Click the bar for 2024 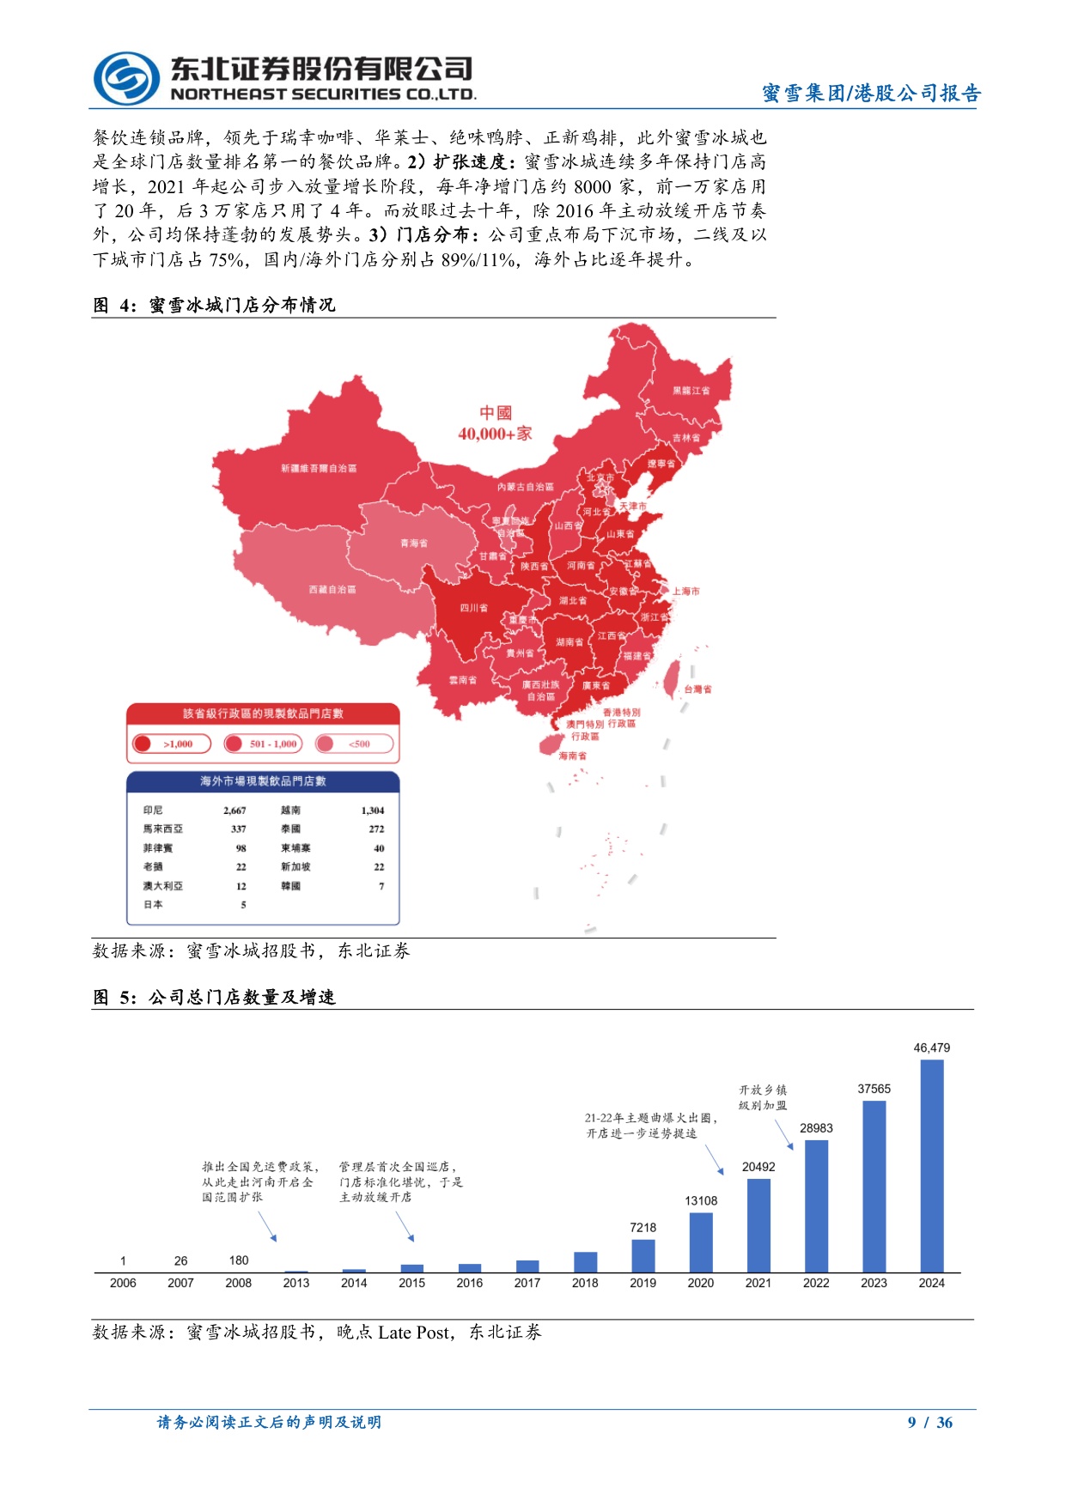click(931, 1165)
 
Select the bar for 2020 click(701, 1242)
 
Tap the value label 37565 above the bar click(874, 1089)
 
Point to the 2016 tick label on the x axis click(469, 1283)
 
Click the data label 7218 click(643, 1227)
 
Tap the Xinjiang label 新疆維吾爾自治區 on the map click(319, 469)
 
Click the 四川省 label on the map click(473, 608)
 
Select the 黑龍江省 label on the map click(691, 391)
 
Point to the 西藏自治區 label click(332, 590)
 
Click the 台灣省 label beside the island click(697, 689)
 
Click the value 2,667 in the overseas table click(235, 811)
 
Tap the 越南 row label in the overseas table click(290, 811)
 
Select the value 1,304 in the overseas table click(373, 811)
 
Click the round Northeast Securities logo click(126, 78)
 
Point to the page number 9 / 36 click(930, 1423)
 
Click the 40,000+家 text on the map click(495, 434)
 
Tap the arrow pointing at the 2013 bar click(267, 1226)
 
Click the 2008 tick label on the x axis click(239, 1283)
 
